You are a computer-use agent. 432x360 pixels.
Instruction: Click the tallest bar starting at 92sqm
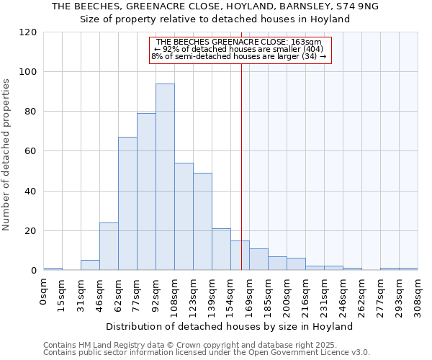click(x=165, y=177)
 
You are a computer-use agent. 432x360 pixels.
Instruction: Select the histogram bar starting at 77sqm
click(x=146, y=192)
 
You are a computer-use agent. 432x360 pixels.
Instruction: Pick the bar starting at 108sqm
click(x=184, y=217)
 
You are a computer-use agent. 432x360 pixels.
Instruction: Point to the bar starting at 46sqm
click(x=109, y=246)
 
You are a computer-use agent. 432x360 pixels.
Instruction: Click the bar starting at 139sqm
click(x=221, y=250)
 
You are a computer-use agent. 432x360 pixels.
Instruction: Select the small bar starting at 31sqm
click(x=90, y=265)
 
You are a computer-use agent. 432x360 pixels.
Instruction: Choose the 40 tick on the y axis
click(x=31, y=192)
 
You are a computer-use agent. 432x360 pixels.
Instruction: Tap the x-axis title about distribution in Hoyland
click(x=229, y=327)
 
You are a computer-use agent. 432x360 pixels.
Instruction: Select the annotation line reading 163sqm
click(x=238, y=42)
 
